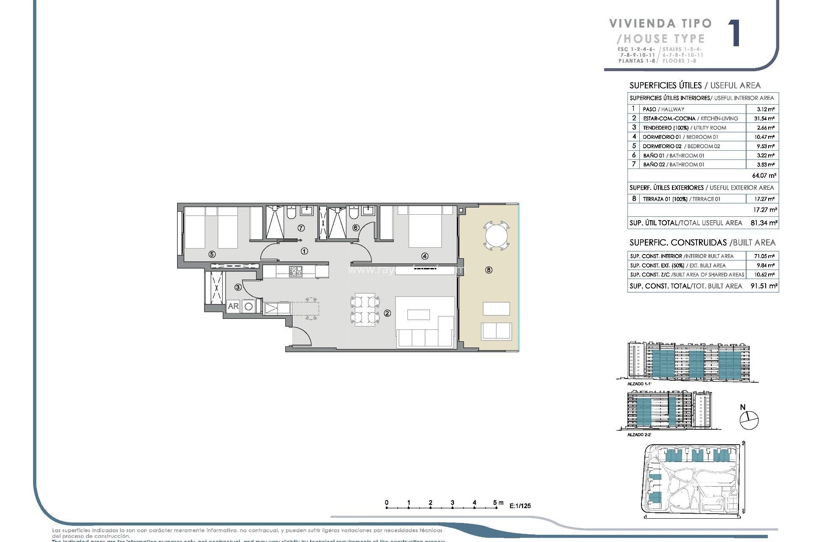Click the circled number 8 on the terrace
click(x=489, y=270)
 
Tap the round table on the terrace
click(x=496, y=235)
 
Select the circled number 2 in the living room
click(x=387, y=313)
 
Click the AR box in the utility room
click(x=233, y=306)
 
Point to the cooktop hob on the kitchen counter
click(x=295, y=271)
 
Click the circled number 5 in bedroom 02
click(x=212, y=254)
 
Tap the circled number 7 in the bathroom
click(x=301, y=228)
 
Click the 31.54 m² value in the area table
click(x=764, y=119)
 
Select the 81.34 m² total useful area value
click(x=764, y=223)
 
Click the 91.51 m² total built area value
click(x=764, y=286)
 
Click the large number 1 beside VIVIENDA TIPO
click(x=734, y=33)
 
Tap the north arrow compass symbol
click(x=749, y=420)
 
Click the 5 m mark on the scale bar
click(x=495, y=503)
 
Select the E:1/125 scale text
click(x=520, y=506)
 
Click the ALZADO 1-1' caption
click(x=639, y=384)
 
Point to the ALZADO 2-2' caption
click(x=639, y=434)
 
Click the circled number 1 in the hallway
click(x=304, y=251)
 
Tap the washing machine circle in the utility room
click(x=249, y=306)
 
